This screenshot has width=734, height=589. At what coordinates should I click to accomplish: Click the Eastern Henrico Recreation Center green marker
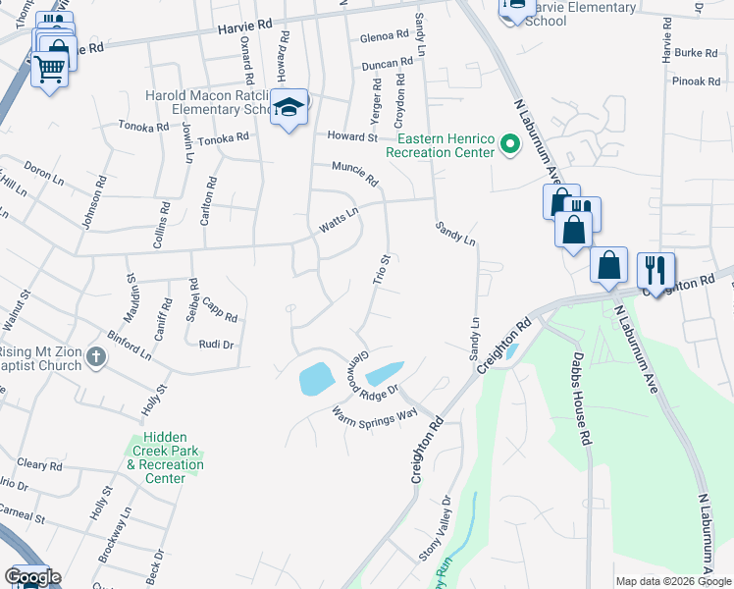click(509, 145)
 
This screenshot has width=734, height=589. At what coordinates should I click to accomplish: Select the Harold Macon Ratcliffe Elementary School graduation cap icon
click(289, 109)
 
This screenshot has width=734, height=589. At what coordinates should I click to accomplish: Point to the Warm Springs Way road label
click(375, 416)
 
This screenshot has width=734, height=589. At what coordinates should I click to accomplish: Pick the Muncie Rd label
click(354, 174)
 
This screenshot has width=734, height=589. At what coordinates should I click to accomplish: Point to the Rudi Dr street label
click(216, 345)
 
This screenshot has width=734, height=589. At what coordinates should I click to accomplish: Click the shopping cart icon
click(49, 69)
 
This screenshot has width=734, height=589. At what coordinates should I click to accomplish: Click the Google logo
click(31, 577)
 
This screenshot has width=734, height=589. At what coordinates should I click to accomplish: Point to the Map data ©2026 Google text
click(672, 581)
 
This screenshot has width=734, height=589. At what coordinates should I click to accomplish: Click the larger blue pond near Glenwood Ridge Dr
click(314, 378)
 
